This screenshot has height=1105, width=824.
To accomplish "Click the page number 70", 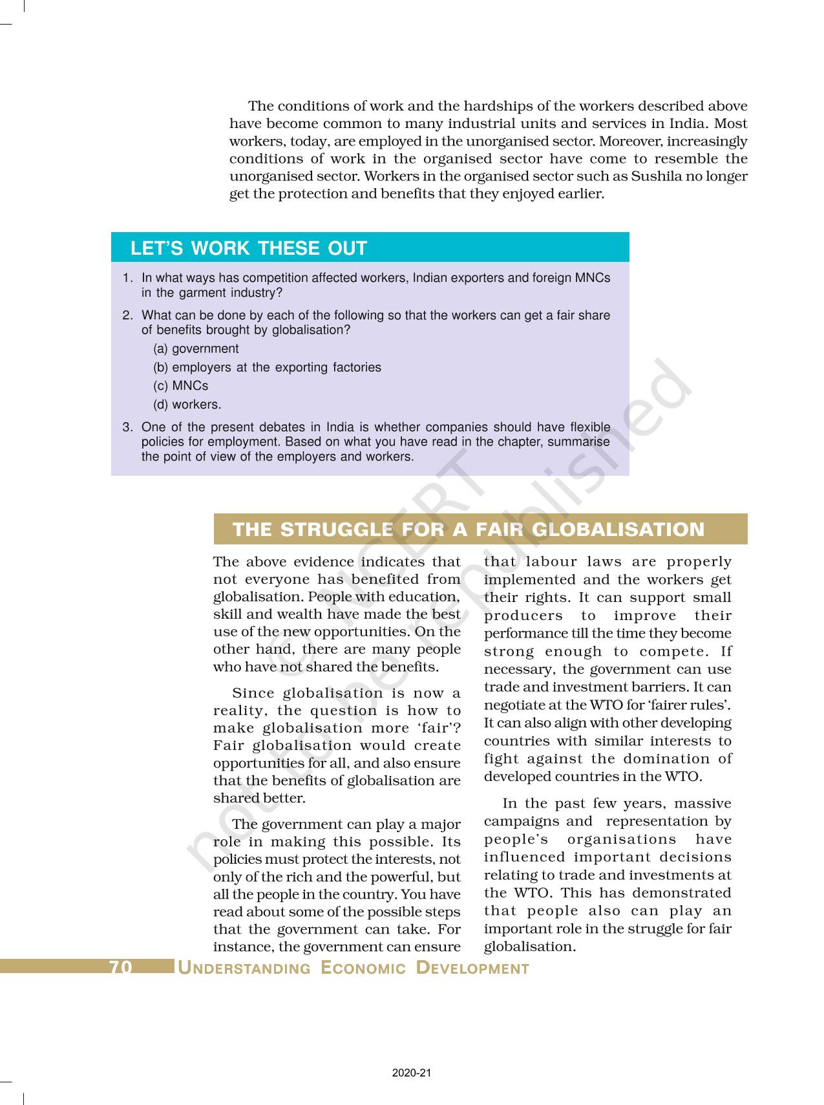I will point(121,967).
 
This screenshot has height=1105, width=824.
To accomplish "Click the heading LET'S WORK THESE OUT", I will point(248,248).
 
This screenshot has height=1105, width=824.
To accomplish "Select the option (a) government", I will point(196,349).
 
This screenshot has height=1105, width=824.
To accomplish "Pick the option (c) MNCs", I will point(181,386).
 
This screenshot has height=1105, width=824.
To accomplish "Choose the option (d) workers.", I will point(187,405).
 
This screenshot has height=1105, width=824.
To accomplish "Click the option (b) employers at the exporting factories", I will point(267,367).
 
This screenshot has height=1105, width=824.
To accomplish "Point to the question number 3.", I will point(127,427).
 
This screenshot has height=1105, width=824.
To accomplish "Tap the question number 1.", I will point(127,278).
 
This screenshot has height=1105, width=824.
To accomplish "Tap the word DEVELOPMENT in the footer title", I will point(472,968).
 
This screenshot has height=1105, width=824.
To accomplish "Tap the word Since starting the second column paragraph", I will point(253,693).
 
